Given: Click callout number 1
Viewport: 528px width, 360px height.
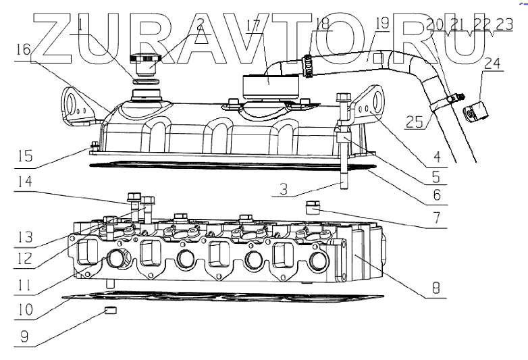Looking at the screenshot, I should click(x=82, y=25).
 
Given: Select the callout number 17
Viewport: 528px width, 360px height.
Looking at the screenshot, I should click(x=253, y=25).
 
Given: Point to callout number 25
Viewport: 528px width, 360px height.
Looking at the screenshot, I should click(x=417, y=122).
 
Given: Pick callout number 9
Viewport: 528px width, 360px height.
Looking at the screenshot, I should click(x=24, y=336).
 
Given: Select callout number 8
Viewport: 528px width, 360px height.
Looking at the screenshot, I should click(x=436, y=287).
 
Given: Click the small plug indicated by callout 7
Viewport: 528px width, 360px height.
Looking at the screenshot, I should click(x=312, y=206).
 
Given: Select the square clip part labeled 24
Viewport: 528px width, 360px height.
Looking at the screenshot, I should click(x=477, y=109).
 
